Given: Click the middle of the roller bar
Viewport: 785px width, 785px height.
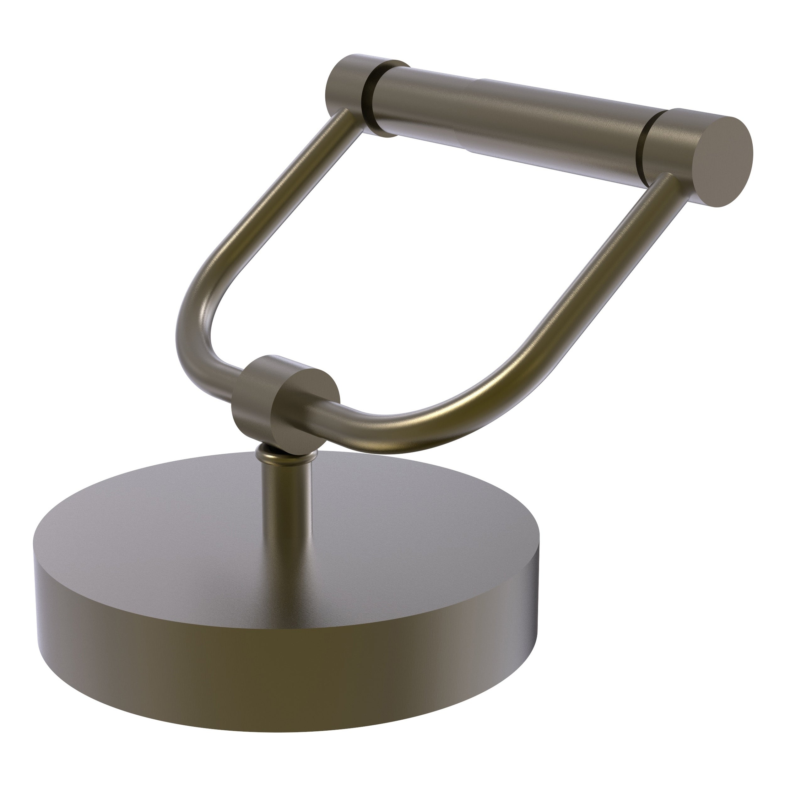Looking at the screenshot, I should point(508,118).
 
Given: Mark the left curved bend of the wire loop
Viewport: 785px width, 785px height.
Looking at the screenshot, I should point(203,321).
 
